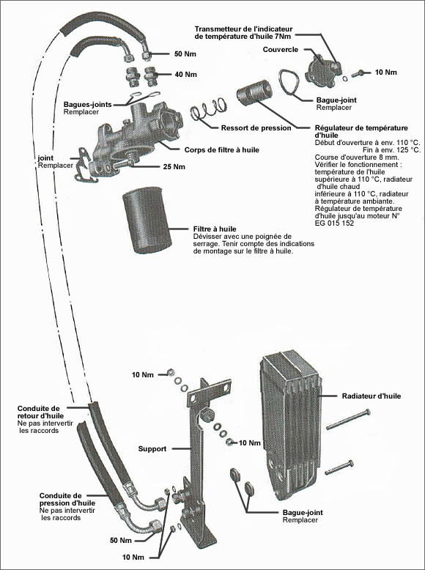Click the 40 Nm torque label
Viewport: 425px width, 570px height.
[186, 74]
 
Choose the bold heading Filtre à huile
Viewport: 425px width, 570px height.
[215, 228]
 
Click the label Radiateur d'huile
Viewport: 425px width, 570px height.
[370, 396]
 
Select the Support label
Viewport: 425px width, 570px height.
[152, 448]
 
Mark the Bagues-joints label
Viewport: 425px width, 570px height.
[87, 105]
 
